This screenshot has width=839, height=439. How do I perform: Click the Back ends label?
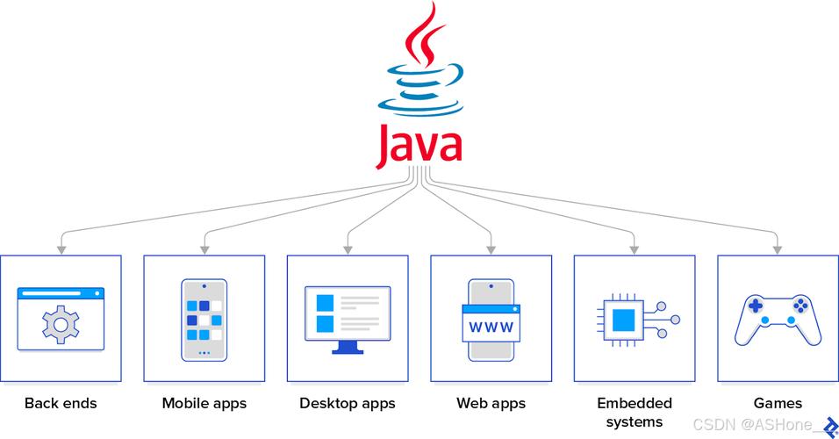pyautogui.click(x=61, y=404)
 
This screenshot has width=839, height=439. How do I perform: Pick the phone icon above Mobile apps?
pyautogui.click(x=204, y=319)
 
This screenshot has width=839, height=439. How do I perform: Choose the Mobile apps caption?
pyautogui.click(x=204, y=404)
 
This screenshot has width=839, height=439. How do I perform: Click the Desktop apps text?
pyautogui.click(x=348, y=404)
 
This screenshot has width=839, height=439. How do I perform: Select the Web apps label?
pyautogui.click(x=491, y=404)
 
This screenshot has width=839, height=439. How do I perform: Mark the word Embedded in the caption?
pyautogui.click(x=635, y=404)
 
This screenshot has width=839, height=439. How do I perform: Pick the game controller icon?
pyautogui.click(x=778, y=319)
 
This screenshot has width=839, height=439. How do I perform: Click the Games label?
pyautogui.click(x=778, y=404)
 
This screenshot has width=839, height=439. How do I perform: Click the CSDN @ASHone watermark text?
pyautogui.click(x=751, y=425)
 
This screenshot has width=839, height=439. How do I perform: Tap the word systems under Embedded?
pyautogui.click(x=635, y=421)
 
